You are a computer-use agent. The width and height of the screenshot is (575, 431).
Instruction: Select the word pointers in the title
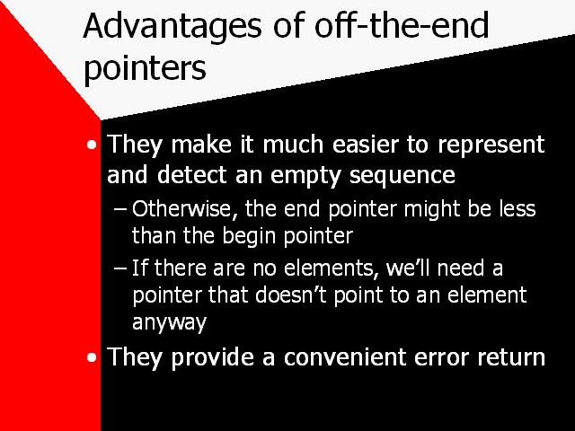point(145,69)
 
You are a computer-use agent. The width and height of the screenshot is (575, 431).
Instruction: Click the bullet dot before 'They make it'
point(92,145)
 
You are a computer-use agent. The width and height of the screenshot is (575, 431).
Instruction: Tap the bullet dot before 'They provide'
point(92,357)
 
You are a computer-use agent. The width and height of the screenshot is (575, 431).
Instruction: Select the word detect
point(191,175)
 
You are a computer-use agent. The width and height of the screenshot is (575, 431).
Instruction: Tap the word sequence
point(402,177)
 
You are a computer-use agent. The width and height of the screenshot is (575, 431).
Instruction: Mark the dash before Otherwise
point(120,210)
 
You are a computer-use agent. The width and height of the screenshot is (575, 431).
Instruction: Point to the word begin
point(249,237)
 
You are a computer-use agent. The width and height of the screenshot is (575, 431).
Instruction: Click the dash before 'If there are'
point(120,268)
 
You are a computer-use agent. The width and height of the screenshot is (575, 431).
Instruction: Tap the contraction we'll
point(407,268)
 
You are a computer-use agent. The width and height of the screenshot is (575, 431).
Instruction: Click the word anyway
point(169,323)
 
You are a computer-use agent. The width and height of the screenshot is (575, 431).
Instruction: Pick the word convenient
point(345,357)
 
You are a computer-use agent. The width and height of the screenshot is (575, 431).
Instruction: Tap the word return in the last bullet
point(511,357)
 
